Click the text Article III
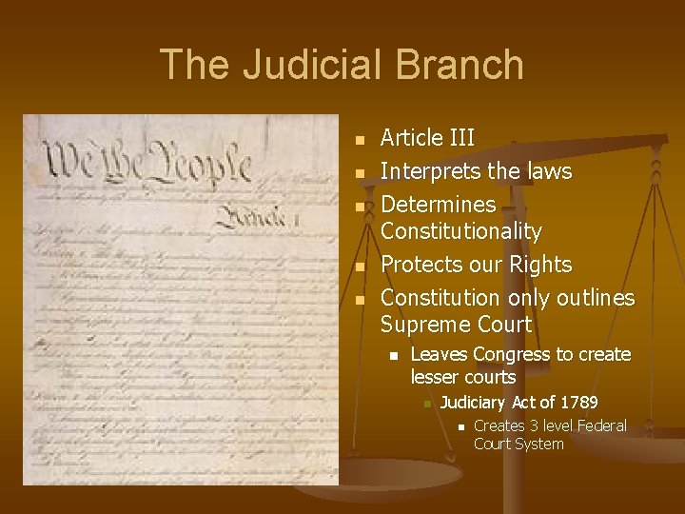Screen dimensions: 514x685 tap(427, 139)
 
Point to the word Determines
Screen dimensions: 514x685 tap(438, 204)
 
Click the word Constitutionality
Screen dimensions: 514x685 tap(460, 231)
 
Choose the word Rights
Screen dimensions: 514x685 tap(539, 264)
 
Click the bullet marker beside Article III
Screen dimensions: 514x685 tap(360, 141)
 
